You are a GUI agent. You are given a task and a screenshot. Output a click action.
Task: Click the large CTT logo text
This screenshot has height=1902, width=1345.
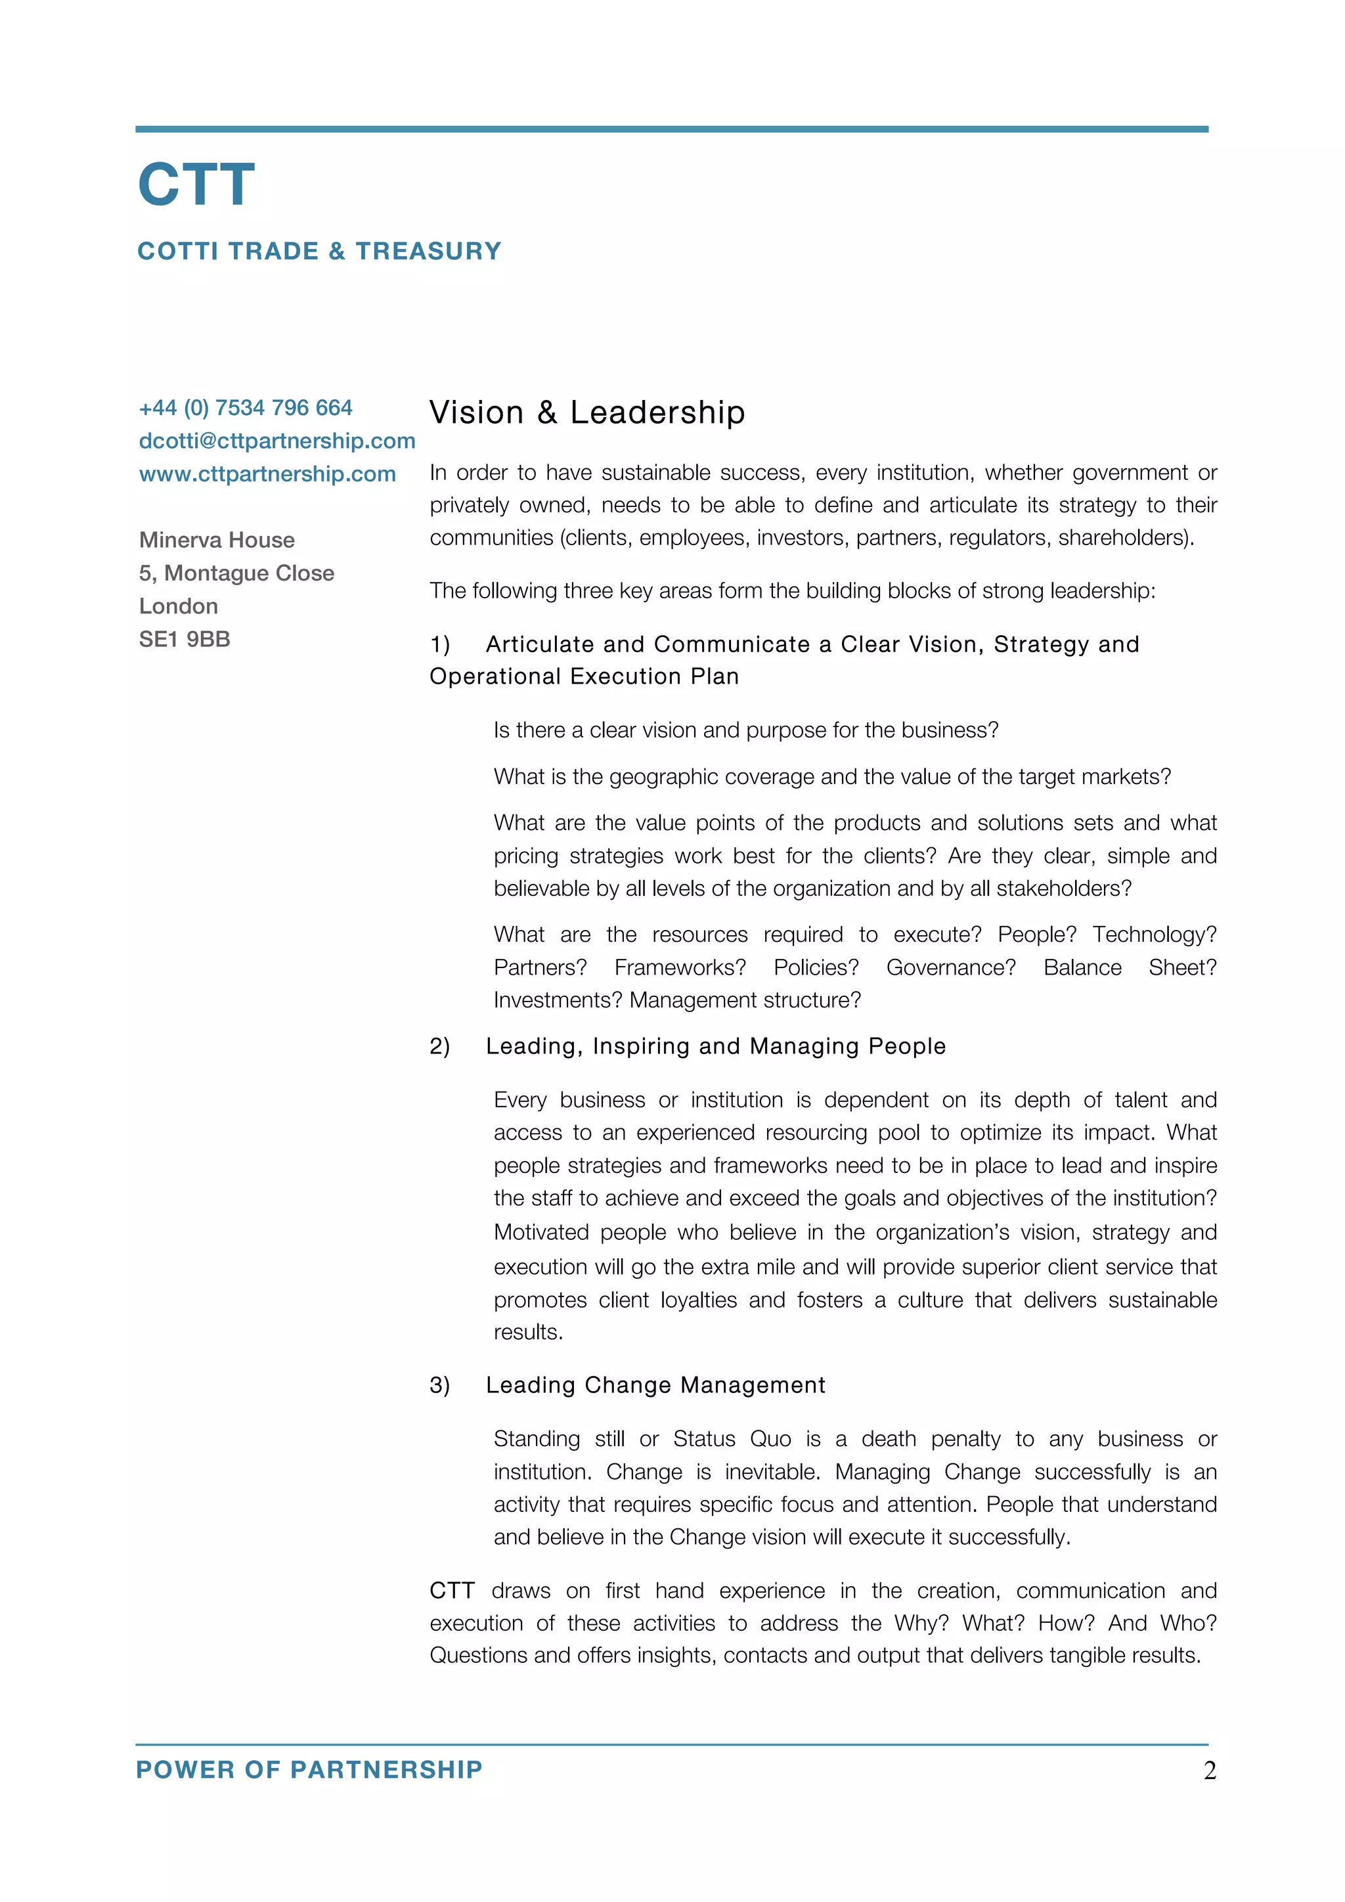[196, 185]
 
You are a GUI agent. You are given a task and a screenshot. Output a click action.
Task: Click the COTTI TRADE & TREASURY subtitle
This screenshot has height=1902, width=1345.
[319, 251]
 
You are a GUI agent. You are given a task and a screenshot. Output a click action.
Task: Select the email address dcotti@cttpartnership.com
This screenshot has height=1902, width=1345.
[276, 441]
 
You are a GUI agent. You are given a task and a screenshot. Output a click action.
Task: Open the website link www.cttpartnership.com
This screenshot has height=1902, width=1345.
[267, 474]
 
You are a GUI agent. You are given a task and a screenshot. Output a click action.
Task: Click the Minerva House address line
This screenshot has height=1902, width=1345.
[216, 540]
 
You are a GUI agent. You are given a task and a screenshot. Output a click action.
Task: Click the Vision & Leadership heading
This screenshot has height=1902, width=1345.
[586, 412]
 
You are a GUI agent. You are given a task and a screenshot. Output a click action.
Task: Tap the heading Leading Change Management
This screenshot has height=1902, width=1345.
[655, 1385]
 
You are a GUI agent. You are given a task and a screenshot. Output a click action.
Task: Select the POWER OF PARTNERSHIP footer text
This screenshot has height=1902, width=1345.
[309, 1770]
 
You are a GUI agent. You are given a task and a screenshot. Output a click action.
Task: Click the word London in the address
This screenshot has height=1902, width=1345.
[178, 606]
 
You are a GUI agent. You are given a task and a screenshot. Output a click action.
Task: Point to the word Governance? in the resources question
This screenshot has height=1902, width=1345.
[950, 967]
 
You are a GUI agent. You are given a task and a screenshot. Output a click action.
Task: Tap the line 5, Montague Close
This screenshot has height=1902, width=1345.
[236, 573]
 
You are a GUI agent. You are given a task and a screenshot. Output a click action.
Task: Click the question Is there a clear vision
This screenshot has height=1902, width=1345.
[745, 730]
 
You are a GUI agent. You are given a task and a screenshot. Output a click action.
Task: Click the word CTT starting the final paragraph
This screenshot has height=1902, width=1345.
[451, 1591]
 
